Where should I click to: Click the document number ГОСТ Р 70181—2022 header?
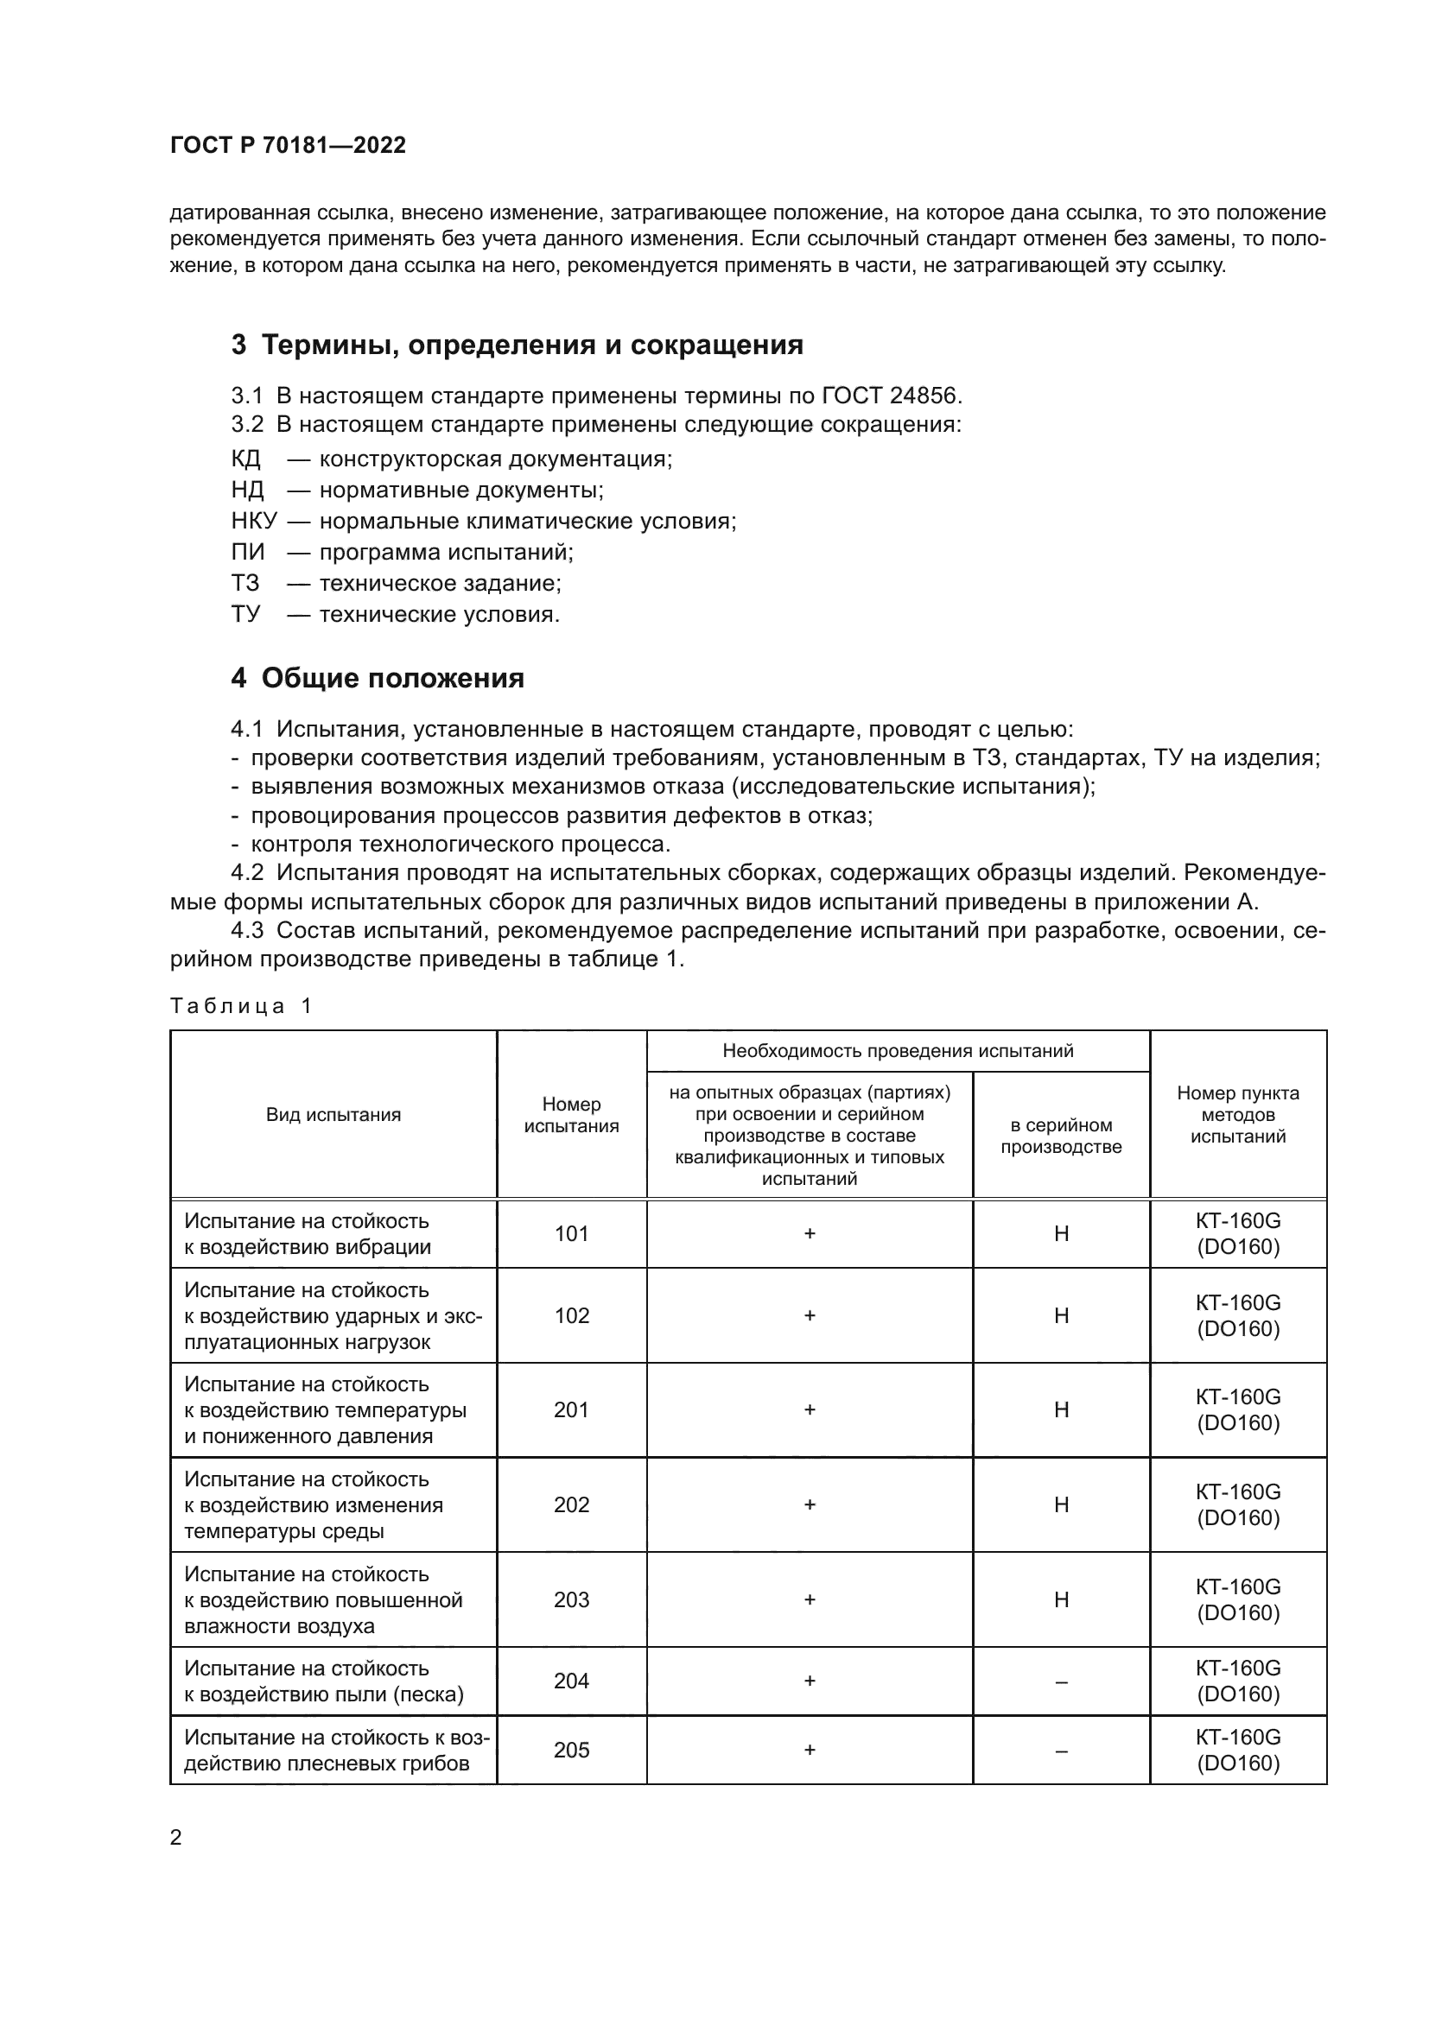[288, 145]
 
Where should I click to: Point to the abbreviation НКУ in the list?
[253, 521]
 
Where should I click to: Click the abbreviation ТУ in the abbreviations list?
[245, 614]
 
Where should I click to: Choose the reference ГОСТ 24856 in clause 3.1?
[891, 396]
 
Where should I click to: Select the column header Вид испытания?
[333, 1115]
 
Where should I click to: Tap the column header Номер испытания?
[571, 1115]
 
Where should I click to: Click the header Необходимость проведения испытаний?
[898, 1050]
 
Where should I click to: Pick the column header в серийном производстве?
[1061, 1136]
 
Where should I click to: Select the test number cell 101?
[571, 1233]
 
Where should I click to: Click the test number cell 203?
[571, 1599]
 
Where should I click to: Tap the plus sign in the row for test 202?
[810, 1505]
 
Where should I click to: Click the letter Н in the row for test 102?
[1061, 1315]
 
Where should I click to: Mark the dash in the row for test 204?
[1061, 1681]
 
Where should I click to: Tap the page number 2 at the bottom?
[176, 1838]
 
